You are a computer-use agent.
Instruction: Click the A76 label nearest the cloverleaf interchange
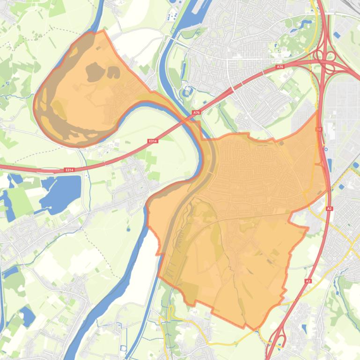(x=280, y=67)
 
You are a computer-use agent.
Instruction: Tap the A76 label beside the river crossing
(x=196, y=113)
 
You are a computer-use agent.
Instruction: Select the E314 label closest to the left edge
(x=70, y=170)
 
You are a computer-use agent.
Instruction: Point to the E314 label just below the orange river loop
(x=152, y=141)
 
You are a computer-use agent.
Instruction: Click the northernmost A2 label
(x=320, y=129)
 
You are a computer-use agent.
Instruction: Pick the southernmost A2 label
(x=308, y=281)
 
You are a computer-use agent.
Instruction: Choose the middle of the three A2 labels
(x=330, y=209)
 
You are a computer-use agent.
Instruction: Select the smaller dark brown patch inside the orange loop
(x=114, y=72)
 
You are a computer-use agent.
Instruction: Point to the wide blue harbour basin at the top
(x=185, y=19)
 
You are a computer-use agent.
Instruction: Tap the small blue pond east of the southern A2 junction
(x=304, y=329)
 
